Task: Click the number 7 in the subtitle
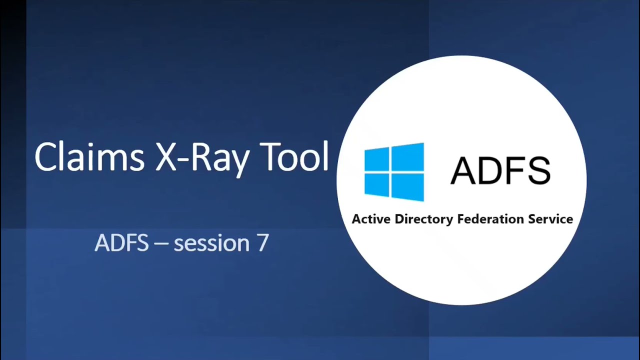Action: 263,243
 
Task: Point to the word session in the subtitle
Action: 211,243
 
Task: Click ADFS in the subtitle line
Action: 121,243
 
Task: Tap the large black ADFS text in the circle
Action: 500,171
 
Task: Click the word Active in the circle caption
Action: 371,219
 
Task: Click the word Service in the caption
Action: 550,219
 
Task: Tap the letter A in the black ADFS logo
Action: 463,171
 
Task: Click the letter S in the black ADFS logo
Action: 537,171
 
